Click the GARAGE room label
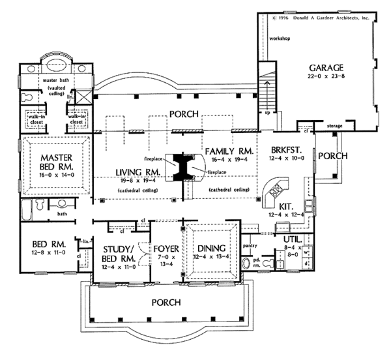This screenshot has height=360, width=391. (x=326, y=67)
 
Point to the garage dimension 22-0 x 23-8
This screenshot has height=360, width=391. (x=326, y=77)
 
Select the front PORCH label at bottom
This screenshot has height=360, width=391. (x=166, y=303)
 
